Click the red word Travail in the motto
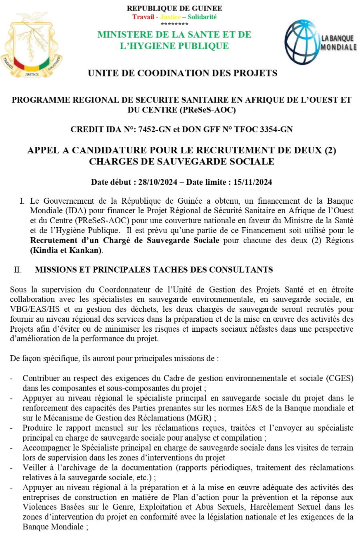[x=143, y=17]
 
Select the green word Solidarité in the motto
[x=202, y=17]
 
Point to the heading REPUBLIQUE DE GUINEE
[x=174, y=8]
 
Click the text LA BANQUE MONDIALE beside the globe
[x=338, y=42]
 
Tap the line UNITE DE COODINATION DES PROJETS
[x=182, y=73]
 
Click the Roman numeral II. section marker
[x=18, y=270]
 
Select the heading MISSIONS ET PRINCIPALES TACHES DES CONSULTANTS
[x=154, y=270]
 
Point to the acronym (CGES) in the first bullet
[x=340, y=378]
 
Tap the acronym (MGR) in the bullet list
[x=201, y=418]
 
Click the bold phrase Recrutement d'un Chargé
[x=86, y=240]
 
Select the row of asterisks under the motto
[x=174, y=24]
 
